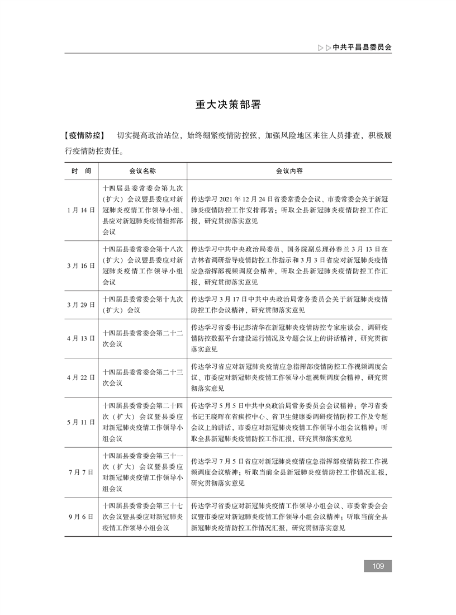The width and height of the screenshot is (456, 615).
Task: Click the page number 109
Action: (378, 566)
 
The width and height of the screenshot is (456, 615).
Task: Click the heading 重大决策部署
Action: (228, 105)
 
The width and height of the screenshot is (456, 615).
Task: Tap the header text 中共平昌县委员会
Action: (362, 48)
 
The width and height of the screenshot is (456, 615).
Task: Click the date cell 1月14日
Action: (81, 210)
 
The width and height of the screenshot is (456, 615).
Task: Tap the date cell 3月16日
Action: (81, 265)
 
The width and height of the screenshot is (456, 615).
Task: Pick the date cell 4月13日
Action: (81, 338)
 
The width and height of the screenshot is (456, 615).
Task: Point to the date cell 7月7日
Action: (81, 472)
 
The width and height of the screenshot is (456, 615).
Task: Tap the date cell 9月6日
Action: (81, 516)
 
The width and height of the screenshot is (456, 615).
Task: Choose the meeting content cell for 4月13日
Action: (289, 338)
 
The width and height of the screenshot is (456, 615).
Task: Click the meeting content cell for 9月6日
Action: (289, 516)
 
